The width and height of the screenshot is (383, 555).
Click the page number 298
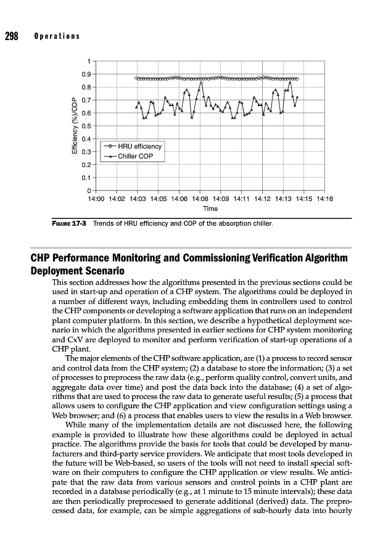click(x=12, y=36)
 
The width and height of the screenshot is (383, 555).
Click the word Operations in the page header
click(x=57, y=36)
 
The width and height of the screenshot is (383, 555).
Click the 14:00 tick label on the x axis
click(x=97, y=199)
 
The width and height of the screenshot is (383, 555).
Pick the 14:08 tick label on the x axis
click(x=200, y=199)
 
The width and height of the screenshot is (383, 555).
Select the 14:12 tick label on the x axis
click(x=263, y=199)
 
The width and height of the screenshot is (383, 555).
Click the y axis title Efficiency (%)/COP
click(x=75, y=126)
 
